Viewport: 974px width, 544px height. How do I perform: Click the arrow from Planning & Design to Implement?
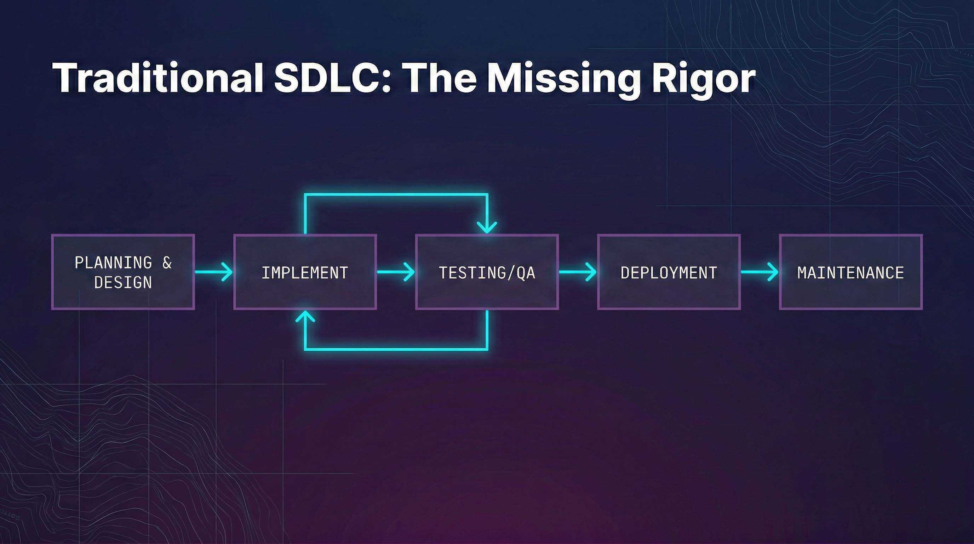click(x=214, y=272)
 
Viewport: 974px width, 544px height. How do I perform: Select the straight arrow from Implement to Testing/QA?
click(x=395, y=272)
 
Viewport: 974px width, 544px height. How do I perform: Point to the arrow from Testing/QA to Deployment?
click(x=577, y=272)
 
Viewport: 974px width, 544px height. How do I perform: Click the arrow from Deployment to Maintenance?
click(x=759, y=272)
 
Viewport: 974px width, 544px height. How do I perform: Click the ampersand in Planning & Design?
click(x=167, y=262)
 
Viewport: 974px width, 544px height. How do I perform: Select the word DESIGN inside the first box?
click(x=123, y=282)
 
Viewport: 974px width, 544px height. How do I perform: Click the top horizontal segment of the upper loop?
click(x=396, y=195)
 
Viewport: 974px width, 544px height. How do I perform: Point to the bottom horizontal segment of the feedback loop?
click(x=396, y=348)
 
